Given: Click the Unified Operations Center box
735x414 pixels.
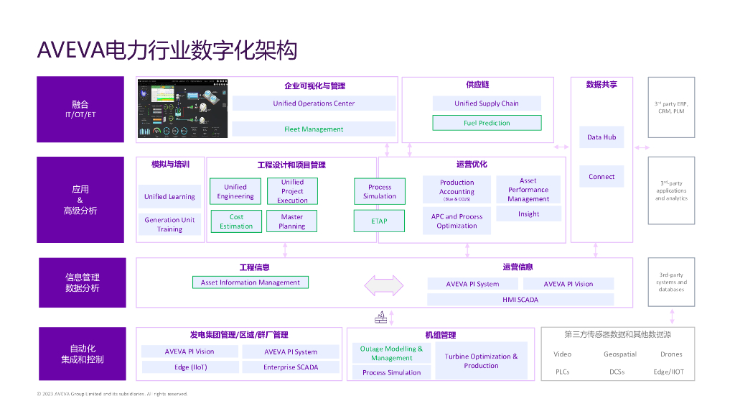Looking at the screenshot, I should tap(314, 103).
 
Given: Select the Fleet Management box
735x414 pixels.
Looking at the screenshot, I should tap(314, 129).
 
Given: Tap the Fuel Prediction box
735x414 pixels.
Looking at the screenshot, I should tap(487, 123).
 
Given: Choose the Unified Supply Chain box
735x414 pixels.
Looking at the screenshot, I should tap(487, 103).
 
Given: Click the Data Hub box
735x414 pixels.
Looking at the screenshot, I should tap(601, 137).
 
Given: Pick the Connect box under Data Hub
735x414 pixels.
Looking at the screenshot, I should tap(601, 177).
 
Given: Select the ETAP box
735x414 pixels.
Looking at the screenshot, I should tap(380, 221).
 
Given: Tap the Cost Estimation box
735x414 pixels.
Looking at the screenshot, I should tap(236, 221).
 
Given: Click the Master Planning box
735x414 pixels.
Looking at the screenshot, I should tap(292, 221).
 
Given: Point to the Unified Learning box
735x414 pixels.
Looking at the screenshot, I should tap(169, 196).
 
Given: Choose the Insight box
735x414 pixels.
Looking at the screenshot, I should tap(528, 214).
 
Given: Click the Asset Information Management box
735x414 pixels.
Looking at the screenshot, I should tap(251, 282).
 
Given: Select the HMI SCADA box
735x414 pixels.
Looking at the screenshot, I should tap(520, 300).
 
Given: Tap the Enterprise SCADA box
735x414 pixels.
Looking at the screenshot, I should tap(291, 367).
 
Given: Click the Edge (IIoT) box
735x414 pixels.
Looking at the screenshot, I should tap(190, 367).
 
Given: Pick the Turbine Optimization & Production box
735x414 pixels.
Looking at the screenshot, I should tap(481, 361).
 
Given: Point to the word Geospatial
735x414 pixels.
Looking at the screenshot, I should tap(620, 354).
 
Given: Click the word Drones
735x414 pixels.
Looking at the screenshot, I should tap(671, 354).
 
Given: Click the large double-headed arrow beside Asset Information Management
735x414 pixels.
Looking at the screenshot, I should tap(384, 285).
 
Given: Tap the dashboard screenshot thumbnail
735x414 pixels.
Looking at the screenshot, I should tap(182, 108).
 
